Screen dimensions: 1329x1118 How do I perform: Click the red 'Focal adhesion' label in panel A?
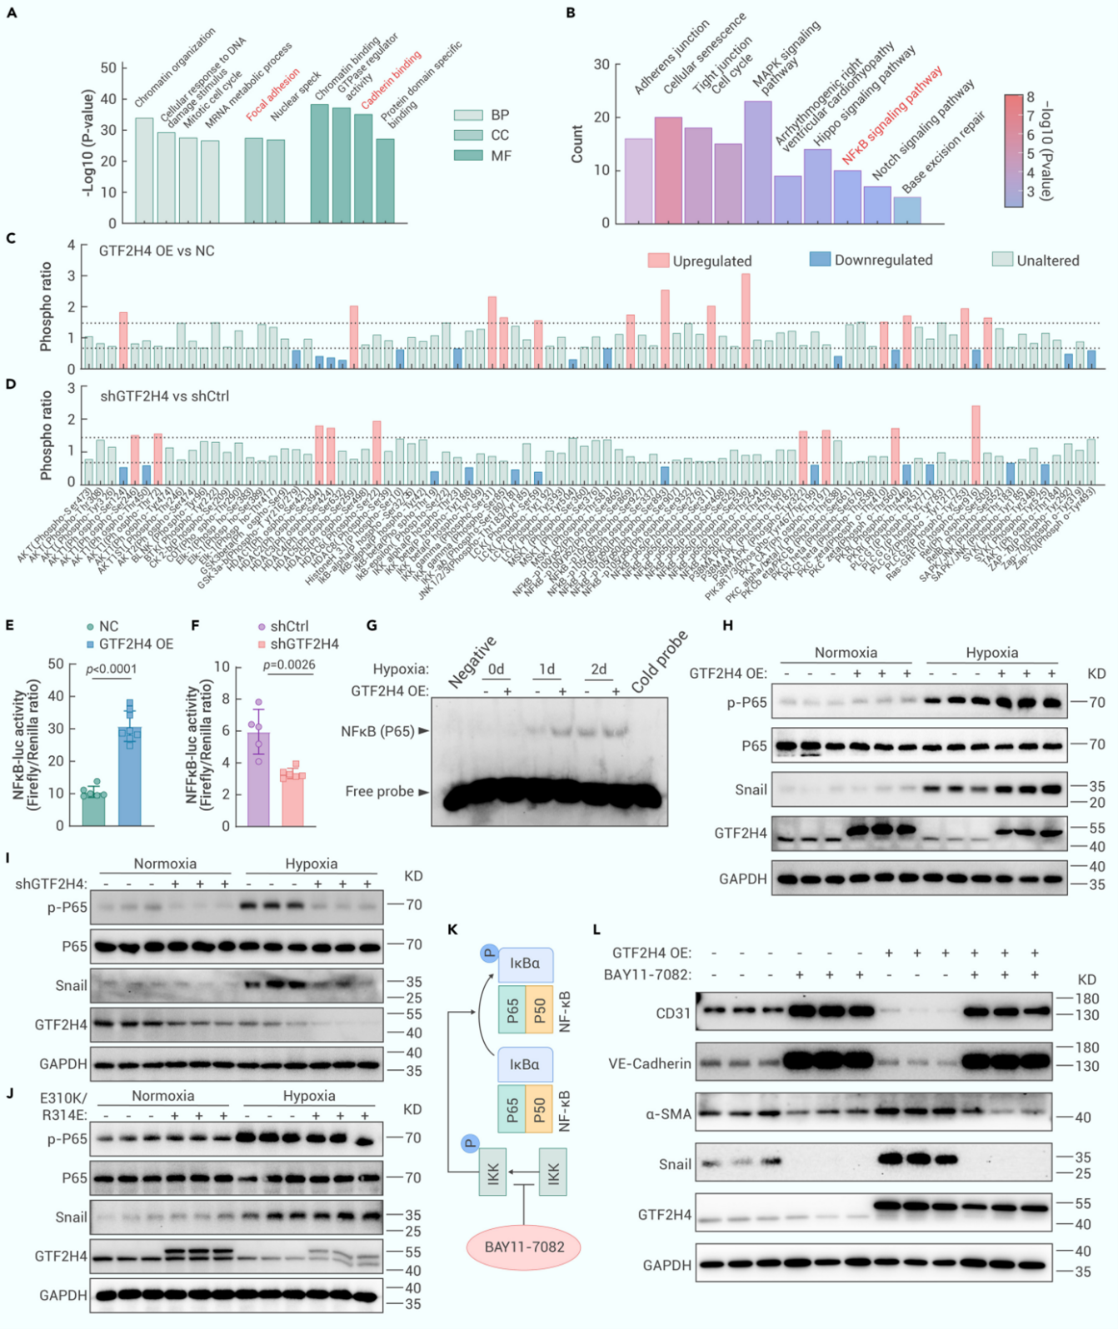(272, 94)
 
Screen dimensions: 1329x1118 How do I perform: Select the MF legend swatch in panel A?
(468, 155)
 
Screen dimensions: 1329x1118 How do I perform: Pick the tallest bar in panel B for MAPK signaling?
(757, 162)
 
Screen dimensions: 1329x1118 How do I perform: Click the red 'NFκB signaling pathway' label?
(891, 115)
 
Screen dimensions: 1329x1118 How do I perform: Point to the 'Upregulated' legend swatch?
(658, 261)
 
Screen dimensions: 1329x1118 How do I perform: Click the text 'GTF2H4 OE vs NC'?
(157, 251)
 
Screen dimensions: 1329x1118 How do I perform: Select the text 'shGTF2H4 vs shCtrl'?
(164, 396)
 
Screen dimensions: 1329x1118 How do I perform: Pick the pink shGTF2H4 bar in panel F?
(292, 799)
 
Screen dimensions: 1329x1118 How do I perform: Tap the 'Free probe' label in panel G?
(379, 791)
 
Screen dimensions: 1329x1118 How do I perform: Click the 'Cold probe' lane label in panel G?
(659, 661)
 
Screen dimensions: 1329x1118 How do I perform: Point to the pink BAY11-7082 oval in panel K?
(524, 1247)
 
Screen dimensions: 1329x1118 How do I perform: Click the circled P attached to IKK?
(470, 1143)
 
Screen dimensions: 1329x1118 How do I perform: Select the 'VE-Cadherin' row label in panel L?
(650, 1063)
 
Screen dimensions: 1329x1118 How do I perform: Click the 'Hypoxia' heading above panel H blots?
(991, 653)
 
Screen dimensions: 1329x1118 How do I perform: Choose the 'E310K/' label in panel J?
(63, 1098)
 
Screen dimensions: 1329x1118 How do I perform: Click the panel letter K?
(452, 929)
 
